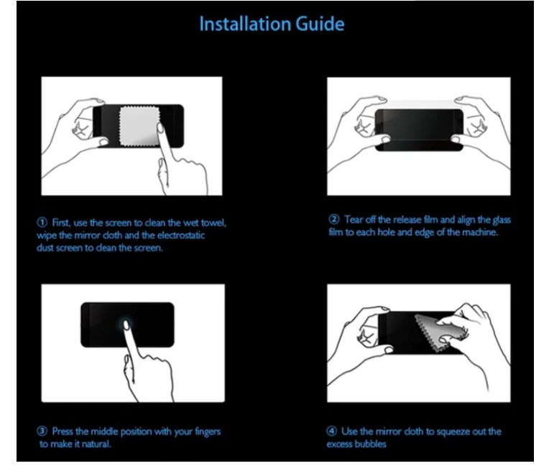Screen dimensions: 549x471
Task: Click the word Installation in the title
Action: pos(245,24)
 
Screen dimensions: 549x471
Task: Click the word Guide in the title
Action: pos(320,24)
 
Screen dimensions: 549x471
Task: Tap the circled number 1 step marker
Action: pos(42,222)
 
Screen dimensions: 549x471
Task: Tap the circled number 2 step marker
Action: pos(334,220)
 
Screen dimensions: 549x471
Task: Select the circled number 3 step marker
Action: pos(42,431)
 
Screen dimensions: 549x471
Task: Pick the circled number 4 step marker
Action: pos(331,431)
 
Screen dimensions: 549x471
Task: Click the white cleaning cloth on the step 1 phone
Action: pos(139,126)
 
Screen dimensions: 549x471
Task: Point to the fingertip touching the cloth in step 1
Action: pos(161,128)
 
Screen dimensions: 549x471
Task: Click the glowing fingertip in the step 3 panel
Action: pos(126,325)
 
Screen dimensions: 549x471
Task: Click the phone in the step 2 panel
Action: pos(419,130)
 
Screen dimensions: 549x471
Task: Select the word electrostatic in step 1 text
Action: pos(181,235)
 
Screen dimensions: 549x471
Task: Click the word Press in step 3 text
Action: pos(63,431)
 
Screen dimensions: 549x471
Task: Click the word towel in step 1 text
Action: pos(213,223)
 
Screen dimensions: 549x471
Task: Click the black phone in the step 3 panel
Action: pos(127,325)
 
